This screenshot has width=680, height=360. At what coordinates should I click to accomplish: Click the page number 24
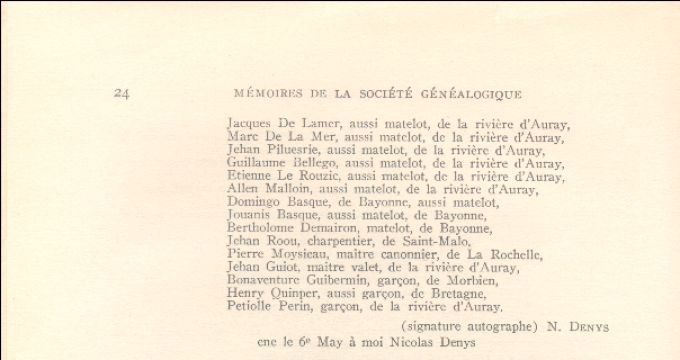122,94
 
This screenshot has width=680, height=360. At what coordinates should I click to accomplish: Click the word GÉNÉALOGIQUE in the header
475,94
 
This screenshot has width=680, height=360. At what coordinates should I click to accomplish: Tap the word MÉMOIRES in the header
265,94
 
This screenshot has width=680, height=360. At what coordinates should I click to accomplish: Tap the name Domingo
254,203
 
